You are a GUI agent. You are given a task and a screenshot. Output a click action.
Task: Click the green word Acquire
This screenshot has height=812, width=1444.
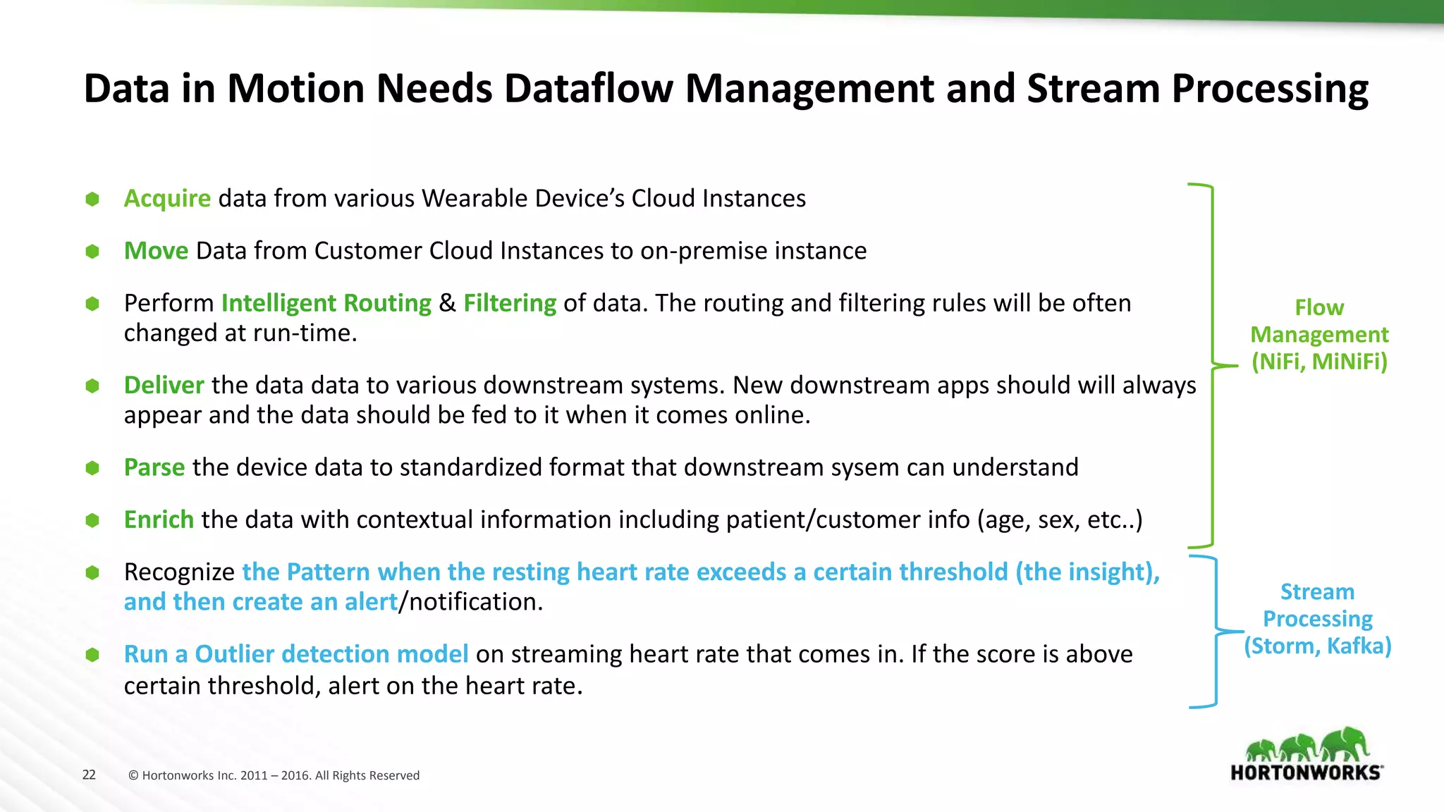point(167,199)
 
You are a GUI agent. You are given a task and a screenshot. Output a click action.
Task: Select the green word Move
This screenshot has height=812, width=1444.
point(156,251)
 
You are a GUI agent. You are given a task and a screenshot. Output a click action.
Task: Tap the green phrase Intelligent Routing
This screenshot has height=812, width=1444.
point(326,303)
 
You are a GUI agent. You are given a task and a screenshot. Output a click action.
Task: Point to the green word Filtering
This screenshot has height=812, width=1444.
point(510,303)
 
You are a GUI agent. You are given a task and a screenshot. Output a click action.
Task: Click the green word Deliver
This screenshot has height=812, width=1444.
point(164,386)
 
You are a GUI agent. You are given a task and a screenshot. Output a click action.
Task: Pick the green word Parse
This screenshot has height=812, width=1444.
point(154,467)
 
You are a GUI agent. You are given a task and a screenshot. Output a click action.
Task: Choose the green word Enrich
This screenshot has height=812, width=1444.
point(159,519)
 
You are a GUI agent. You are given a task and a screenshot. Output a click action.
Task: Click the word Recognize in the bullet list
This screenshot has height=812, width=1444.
point(179,572)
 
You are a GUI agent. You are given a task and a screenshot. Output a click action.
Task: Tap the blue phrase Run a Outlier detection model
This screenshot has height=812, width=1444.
point(296,654)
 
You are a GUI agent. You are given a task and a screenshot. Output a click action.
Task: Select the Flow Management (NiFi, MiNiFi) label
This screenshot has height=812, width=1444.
point(1319,335)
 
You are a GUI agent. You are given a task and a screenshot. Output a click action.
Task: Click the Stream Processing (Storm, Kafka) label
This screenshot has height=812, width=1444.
point(1317,619)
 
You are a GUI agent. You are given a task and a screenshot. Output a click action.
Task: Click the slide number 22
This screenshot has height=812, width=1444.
point(89,775)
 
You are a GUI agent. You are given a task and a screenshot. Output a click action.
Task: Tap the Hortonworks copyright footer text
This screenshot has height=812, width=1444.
point(274,775)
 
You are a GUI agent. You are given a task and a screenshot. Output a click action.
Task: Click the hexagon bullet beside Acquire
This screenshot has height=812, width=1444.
point(92,199)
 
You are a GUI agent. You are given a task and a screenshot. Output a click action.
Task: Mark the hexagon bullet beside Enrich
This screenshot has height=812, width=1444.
point(92,520)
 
